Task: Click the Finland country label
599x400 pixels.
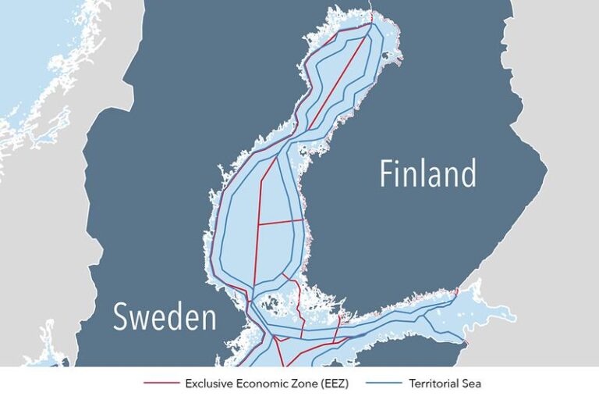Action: [x=427, y=173]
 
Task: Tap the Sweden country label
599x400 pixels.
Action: [x=164, y=317]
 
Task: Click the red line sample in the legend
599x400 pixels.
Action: [x=161, y=384]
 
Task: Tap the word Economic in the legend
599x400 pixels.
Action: [x=257, y=384]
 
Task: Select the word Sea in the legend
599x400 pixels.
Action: [x=472, y=384]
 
